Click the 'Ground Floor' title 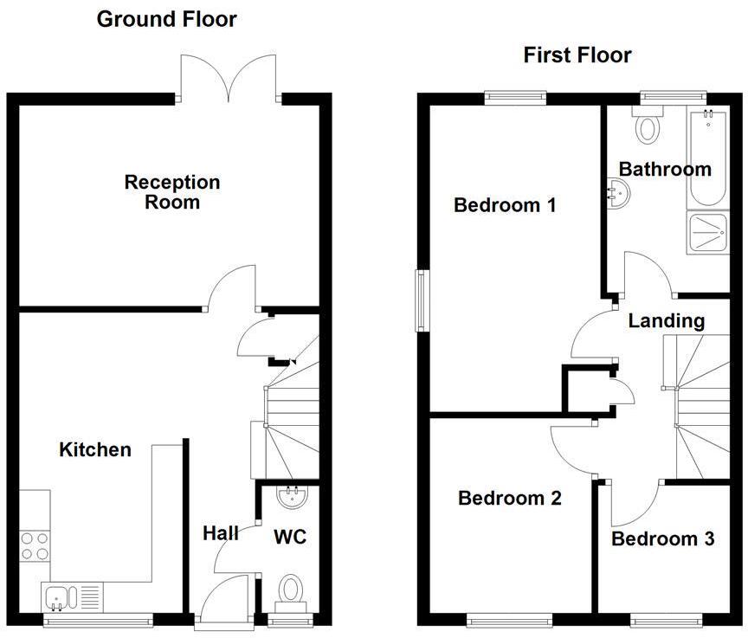(x=166, y=19)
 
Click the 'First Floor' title (x=577, y=55)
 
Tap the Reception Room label (x=172, y=192)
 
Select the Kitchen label (x=95, y=449)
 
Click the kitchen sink (x=58, y=596)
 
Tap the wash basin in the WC (x=290, y=497)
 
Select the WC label (x=290, y=538)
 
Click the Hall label (x=221, y=533)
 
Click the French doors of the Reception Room (x=229, y=78)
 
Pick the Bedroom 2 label (x=510, y=499)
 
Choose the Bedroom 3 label (x=662, y=539)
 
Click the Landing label (x=666, y=321)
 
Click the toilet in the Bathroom (x=647, y=127)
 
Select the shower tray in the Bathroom (x=709, y=231)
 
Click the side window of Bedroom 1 (x=421, y=300)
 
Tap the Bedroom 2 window (x=509, y=620)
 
